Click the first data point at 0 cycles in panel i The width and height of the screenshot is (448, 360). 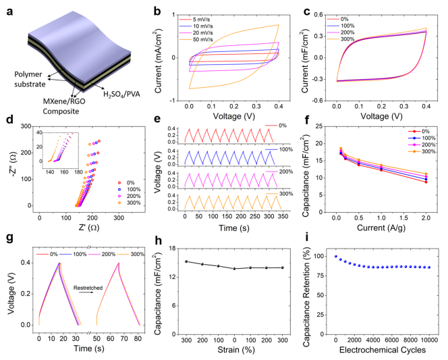336,257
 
